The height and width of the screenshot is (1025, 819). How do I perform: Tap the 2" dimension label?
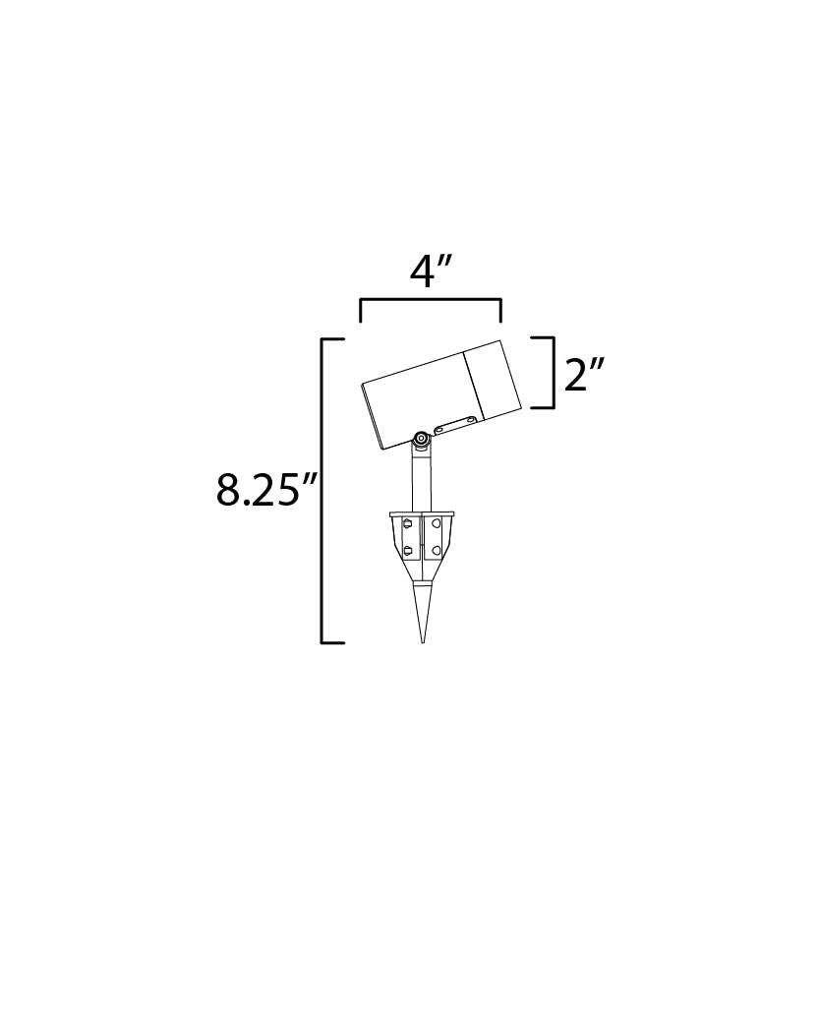pos(584,374)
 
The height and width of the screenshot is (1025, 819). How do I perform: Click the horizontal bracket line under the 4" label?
pos(431,300)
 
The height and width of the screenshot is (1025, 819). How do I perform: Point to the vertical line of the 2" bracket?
pos(555,372)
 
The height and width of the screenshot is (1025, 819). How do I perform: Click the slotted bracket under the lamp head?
pos(455,425)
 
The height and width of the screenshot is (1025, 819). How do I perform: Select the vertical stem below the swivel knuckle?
pos(421,482)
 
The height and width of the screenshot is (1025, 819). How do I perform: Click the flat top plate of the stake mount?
pos(422,512)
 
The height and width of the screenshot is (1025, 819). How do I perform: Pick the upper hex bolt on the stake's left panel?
pos(407,527)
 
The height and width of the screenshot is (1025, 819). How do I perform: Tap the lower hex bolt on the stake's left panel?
pos(407,550)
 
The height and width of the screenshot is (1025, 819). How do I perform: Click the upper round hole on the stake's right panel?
pos(437,527)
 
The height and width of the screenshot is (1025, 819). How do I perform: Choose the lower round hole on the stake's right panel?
pos(437,550)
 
